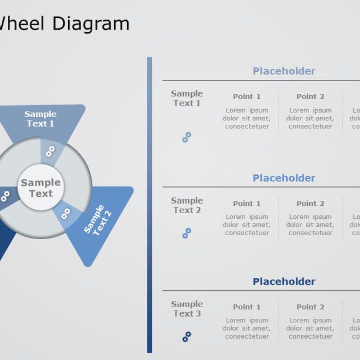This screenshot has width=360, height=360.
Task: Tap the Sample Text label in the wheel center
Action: [x=40, y=188]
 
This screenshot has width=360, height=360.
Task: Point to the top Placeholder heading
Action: [x=283, y=71]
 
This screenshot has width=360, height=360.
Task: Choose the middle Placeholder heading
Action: [x=283, y=178]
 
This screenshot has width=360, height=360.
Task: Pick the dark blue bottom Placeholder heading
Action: [x=283, y=281]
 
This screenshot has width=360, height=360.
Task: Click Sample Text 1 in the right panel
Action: [x=187, y=98]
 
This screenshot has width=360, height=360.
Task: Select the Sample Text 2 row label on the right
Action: [x=187, y=205]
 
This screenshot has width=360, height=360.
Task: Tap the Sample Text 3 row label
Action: [x=187, y=309]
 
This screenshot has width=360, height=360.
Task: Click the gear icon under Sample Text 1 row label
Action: [x=187, y=137]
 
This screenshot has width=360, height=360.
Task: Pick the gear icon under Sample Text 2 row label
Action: [x=187, y=233]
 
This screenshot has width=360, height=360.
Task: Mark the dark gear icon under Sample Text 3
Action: [x=187, y=336]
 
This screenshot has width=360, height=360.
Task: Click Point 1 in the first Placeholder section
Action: [x=247, y=96]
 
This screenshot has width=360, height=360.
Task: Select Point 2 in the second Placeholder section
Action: [x=310, y=203]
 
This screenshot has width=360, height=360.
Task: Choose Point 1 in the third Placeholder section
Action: [x=247, y=307]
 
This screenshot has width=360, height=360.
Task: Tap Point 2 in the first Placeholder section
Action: [x=310, y=96]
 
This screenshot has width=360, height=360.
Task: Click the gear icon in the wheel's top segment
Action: [x=50, y=150]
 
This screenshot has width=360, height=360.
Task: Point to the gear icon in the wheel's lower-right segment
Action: [x=66, y=213]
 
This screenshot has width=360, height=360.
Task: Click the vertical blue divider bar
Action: [x=150, y=205]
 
